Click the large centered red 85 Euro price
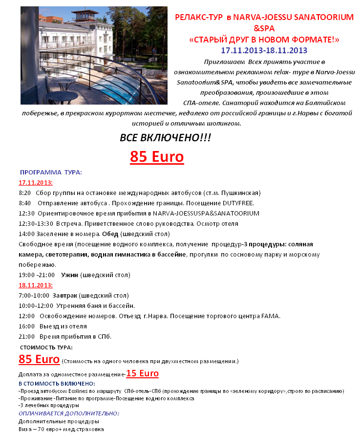[x=157, y=157]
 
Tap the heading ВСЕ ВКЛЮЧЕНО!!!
[x=166, y=138]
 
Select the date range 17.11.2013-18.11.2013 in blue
[x=264, y=50]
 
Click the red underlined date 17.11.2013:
[x=36, y=182]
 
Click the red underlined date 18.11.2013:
[x=36, y=285]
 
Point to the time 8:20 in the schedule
[x=25, y=193]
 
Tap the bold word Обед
[x=110, y=234]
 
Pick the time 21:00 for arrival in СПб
[x=26, y=336]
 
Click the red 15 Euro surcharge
[x=142, y=374]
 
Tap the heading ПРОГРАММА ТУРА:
[x=51, y=172]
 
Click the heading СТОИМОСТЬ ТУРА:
[x=46, y=347]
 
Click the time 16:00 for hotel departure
[x=26, y=326]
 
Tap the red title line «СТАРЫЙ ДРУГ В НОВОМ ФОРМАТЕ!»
[x=264, y=39]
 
